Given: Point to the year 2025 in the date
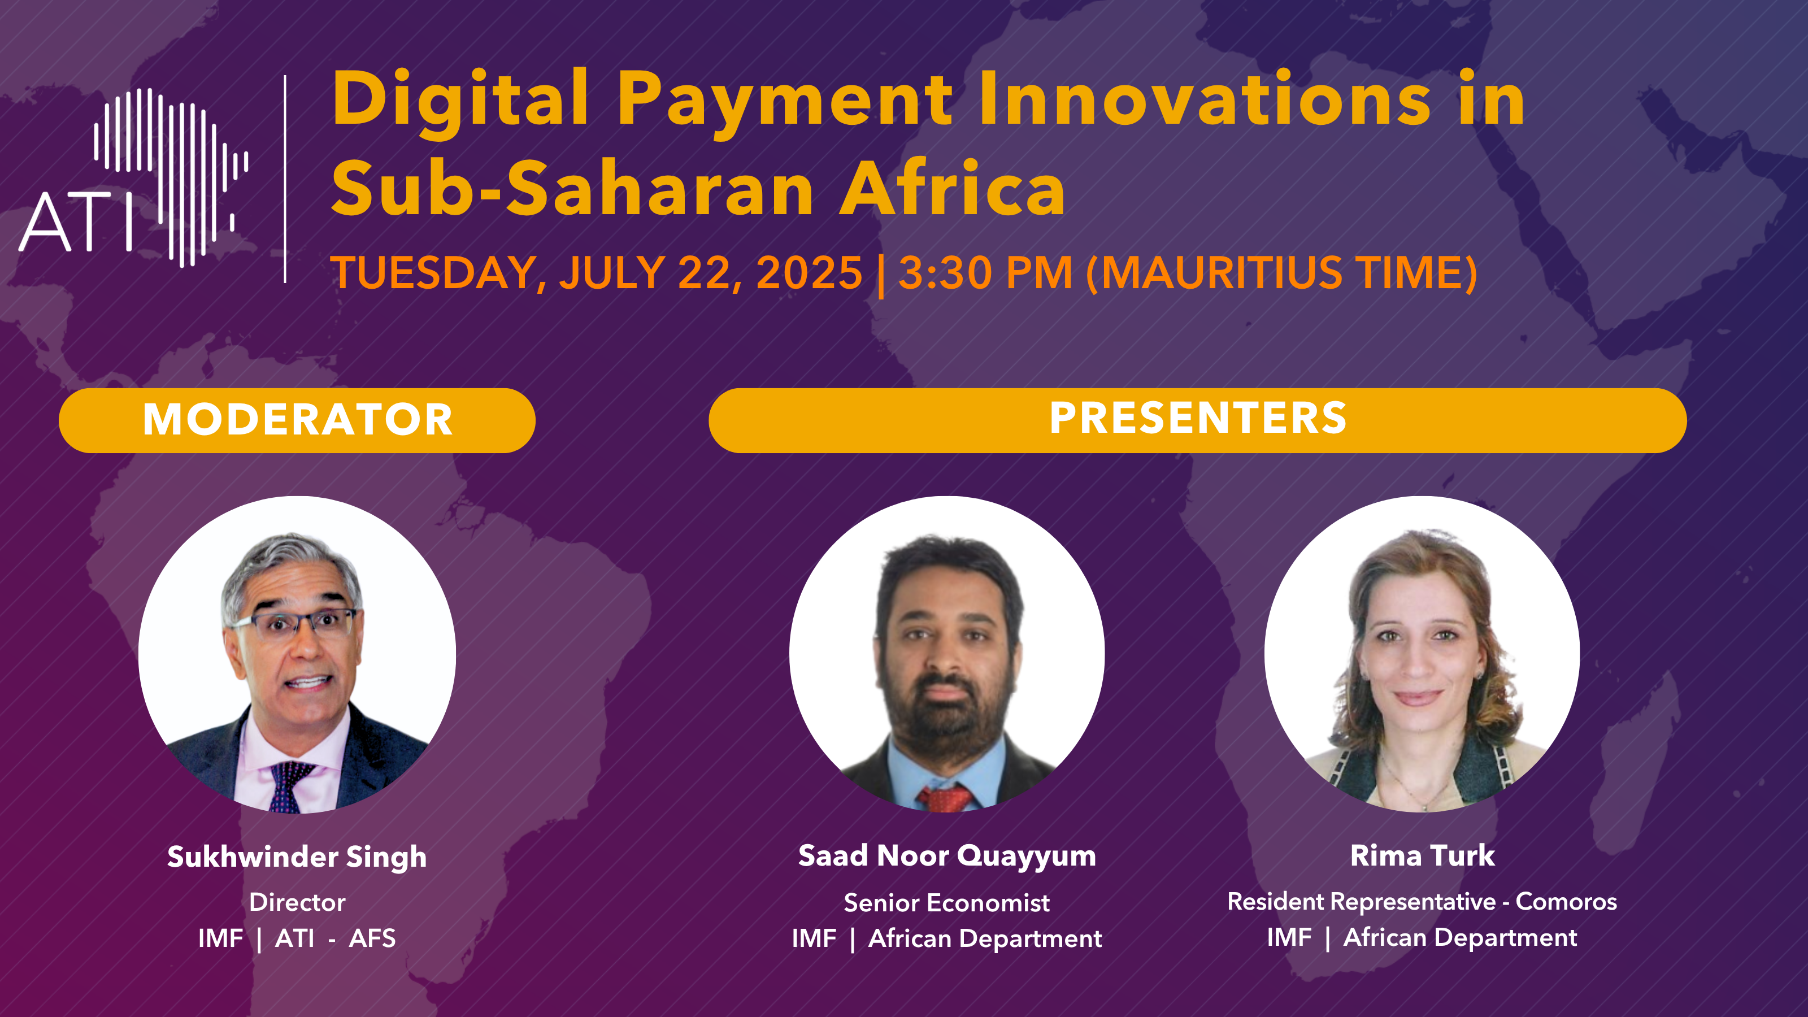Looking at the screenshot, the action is (x=809, y=272).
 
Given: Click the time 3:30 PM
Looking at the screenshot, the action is (x=985, y=272).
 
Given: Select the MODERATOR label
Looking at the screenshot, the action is (x=298, y=420).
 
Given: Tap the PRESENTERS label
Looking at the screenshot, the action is (x=1198, y=418).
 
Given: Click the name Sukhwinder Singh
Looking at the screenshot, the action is (x=297, y=857).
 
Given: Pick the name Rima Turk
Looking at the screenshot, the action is (x=1422, y=855).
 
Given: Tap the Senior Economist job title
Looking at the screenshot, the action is (x=947, y=903).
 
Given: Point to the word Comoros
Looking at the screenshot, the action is (x=1566, y=901).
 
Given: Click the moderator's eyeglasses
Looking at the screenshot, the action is (x=295, y=623).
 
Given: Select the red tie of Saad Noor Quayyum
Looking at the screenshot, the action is (x=945, y=799).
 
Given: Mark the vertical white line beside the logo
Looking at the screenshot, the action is (x=285, y=179).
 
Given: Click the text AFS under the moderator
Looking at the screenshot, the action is (x=372, y=938).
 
